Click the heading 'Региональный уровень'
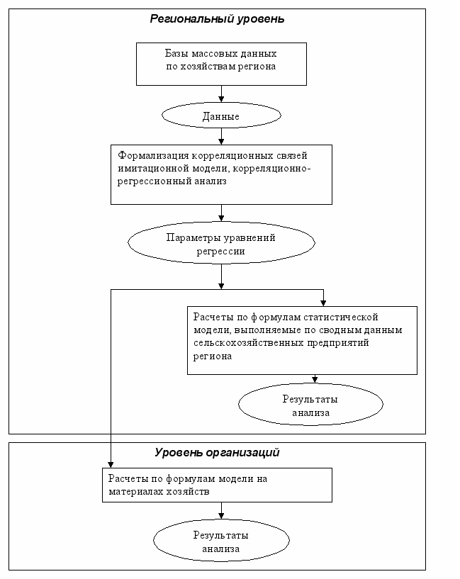pyautogui.click(x=217, y=19)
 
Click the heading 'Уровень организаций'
pyautogui.click(x=217, y=452)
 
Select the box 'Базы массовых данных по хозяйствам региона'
pyautogui.click(x=222, y=64)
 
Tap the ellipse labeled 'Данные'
pyautogui.click(x=222, y=116)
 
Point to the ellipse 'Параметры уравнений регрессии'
pyautogui.click(x=222, y=242)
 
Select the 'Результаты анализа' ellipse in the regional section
pyautogui.click(x=310, y=405)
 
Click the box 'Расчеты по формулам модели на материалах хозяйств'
pyautogui.click(x=217, y=485)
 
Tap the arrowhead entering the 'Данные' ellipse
pyautogui.click(x=221, y=99)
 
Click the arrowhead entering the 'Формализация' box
pyautogui.click(x=221, y=142)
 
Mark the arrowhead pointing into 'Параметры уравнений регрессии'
pyautogui.click(x=221, y=218)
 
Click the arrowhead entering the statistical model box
pyautogui.click(x=323, y=303)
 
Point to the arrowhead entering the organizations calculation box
pyautogui.click(x=111, y=465)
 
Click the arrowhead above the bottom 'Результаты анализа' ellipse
pyautogui.click(x=221, y=516)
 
